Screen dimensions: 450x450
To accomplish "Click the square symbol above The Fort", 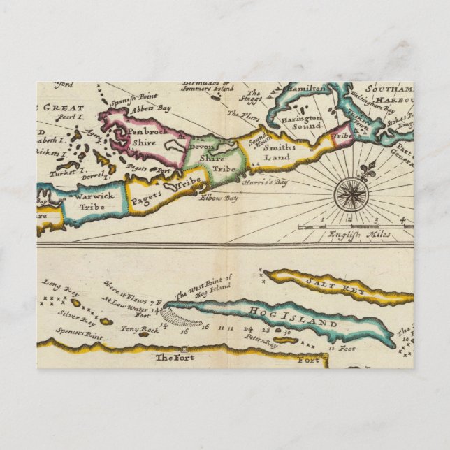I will (183, 347).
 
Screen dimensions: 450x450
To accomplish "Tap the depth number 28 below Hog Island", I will (265, 328).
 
